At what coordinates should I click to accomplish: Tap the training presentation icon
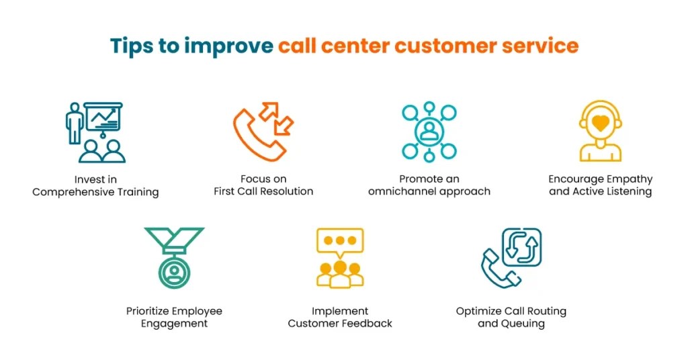pos(95,132)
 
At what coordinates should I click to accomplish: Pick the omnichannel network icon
pos(429,132)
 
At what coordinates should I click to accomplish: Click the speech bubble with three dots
pos(340,240)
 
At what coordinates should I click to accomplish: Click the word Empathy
pos(629,179)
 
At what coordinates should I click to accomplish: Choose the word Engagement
pos(174,324)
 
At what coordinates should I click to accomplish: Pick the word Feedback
pos(368,324)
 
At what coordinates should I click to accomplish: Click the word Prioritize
pos(148,312)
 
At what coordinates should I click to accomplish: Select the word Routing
pos(546,312)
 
